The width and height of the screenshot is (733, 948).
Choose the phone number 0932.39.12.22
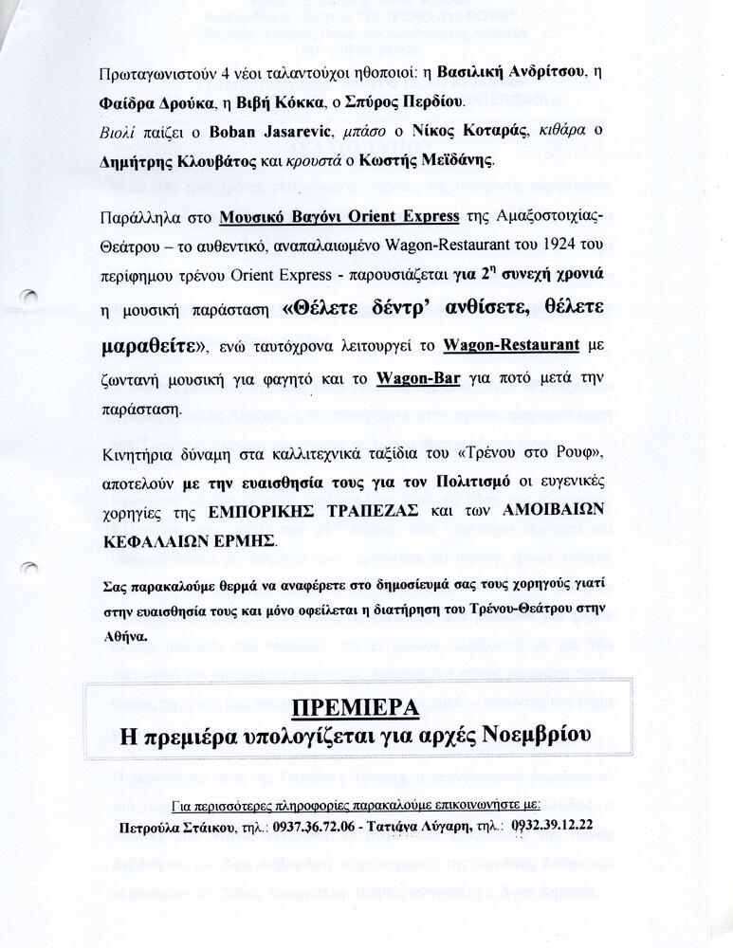point(554,825)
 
